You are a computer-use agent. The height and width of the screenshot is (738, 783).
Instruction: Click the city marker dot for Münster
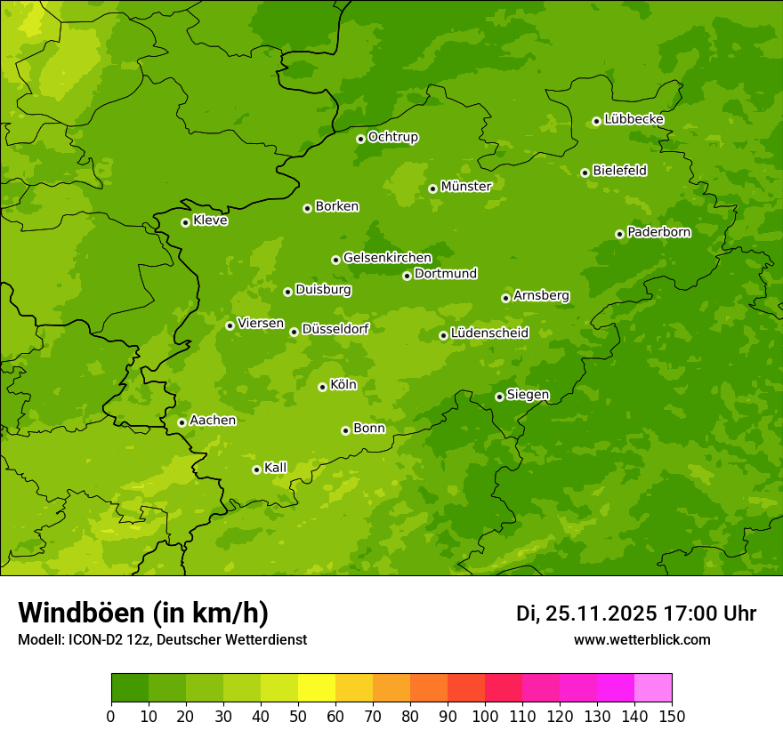point(432,189)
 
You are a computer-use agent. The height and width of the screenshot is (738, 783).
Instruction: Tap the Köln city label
point(343,385)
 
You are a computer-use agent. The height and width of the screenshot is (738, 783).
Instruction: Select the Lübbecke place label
point(634,119)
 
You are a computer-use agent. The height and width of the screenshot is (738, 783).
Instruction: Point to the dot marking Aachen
point(182,422)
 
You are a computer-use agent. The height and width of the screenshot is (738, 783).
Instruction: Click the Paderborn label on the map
point(658,232)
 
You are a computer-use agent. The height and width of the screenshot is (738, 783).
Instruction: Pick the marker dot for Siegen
point(499,397)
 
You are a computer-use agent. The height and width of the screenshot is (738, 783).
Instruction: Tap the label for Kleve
point(210,221)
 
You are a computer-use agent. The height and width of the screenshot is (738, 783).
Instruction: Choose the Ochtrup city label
point(392,137)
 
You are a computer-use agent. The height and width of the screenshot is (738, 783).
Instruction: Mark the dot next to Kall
point(256,469)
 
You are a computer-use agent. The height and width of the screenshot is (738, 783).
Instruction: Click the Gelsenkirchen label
point(387,258)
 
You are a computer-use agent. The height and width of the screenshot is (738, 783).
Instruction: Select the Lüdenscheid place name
point(489,333)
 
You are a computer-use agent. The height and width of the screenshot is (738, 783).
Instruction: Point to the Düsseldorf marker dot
point(294,332)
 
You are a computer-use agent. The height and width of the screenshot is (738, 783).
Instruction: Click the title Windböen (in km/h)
point(143,613)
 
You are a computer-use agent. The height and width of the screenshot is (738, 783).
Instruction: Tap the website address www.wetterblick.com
point(642,639)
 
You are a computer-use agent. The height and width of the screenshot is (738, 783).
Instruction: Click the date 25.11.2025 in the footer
point(601,614)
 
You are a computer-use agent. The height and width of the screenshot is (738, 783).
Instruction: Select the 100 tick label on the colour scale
point(485,716)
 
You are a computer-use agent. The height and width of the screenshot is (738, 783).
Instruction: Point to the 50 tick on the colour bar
point(298,716)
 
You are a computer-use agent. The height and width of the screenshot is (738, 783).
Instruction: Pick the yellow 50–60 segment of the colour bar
point(317,688)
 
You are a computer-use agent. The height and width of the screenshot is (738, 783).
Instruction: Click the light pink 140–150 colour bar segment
point(653,688)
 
